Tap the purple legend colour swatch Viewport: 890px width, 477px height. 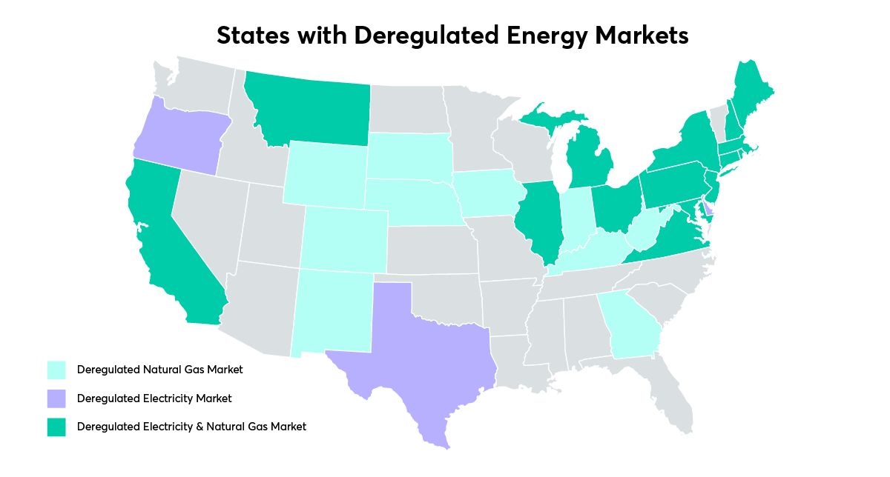point(56,398)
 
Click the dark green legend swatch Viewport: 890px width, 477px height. point(56,427)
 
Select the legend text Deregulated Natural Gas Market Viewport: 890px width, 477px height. point(159,369)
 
